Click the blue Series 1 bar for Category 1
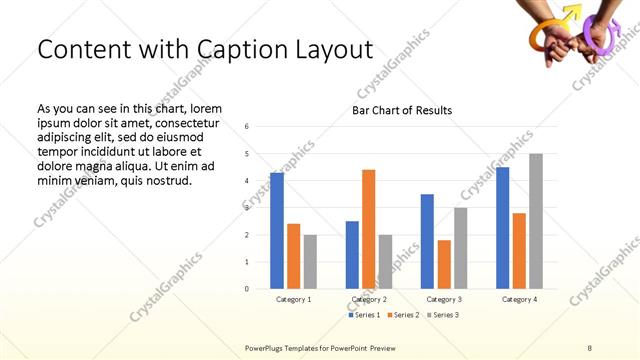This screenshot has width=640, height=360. coord(277,231)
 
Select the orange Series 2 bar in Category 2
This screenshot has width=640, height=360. coord(368,229)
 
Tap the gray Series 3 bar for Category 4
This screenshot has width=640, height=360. coord(535,221)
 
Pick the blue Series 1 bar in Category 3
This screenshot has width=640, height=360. coord(427,241)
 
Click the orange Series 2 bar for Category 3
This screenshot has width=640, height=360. coord(444,264)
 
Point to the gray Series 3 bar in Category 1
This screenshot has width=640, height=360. coord(310,262)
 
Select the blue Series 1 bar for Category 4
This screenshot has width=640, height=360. coord(502,228)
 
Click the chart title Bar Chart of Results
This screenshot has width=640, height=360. coord(402,110)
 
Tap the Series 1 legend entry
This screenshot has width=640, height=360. coord(363,315)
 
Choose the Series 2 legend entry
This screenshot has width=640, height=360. coord(402,315)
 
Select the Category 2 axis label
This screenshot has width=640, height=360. coord(369,299)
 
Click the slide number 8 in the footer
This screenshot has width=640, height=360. coord(590,346)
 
